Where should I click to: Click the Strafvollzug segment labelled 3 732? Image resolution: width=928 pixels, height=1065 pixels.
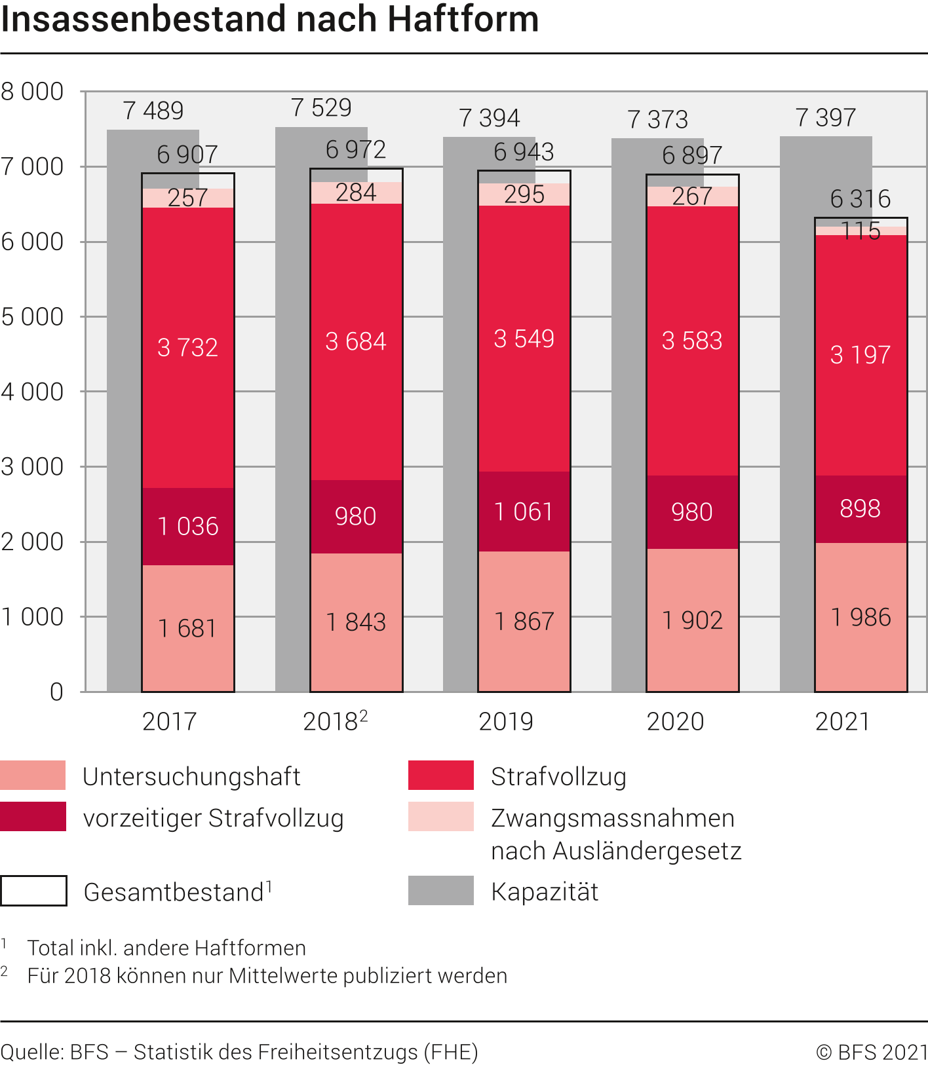188,347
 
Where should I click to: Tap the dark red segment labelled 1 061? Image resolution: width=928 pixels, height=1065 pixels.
524,512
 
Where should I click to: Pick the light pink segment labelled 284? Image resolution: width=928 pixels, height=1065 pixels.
356,193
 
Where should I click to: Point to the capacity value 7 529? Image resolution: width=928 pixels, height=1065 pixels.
321,108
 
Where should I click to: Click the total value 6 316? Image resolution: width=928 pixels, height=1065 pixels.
860,199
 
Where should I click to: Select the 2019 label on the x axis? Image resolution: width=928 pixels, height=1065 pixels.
505,722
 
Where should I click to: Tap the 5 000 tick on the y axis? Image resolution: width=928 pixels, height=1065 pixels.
33,317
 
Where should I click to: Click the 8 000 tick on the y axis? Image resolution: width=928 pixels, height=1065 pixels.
33,92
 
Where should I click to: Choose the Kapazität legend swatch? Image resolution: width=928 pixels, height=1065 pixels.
440,891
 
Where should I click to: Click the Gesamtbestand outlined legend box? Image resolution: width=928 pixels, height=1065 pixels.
33,891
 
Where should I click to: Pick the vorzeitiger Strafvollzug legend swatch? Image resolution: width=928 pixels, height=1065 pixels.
33,817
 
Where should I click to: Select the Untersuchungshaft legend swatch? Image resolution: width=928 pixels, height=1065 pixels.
33,775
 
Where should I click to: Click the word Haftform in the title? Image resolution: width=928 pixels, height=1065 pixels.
463,20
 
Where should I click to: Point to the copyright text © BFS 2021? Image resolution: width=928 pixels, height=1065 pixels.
872,1052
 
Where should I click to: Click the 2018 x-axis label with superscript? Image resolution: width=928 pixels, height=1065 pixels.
334,722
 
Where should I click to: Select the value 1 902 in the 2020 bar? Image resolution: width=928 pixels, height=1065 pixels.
692,620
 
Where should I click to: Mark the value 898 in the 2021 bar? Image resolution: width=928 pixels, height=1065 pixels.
860,509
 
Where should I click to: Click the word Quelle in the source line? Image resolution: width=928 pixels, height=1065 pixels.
31,1052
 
